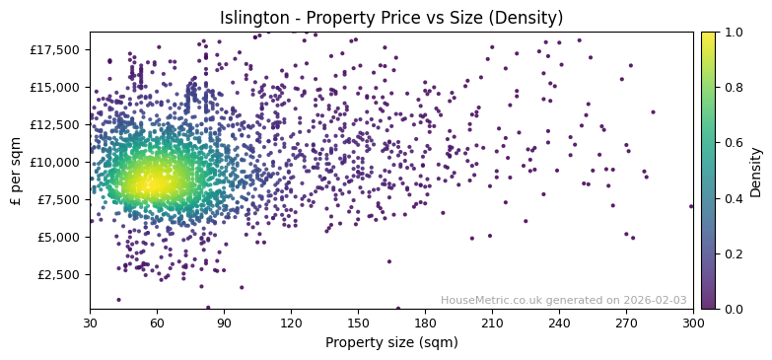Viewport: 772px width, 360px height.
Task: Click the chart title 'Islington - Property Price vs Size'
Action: click(x=391, y=18)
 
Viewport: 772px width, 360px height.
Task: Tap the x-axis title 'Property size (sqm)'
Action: click(x=391, y=342)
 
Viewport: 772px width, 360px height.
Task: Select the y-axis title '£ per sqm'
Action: click(x=16, y=171)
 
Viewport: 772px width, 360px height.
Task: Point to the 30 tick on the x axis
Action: click(x=90, y=323)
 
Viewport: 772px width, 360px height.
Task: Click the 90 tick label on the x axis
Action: click(x=224, y=323)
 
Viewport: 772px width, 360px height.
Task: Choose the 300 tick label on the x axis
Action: click(x=693, y=323)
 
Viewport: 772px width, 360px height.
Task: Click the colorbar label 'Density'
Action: click(x=756, y=171)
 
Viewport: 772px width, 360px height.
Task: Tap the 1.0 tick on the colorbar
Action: click(x=735, y=32)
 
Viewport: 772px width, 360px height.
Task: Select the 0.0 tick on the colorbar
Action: click(x=735, y=309)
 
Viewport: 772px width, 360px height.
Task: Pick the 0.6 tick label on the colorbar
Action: click(x=735, y=143)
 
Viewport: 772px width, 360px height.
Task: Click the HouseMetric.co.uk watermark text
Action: click(x=563, y=301)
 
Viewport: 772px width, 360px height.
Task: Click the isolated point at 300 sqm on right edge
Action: click(x=691, y=206)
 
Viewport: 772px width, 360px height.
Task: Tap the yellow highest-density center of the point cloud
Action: click(x=154, y=181)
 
